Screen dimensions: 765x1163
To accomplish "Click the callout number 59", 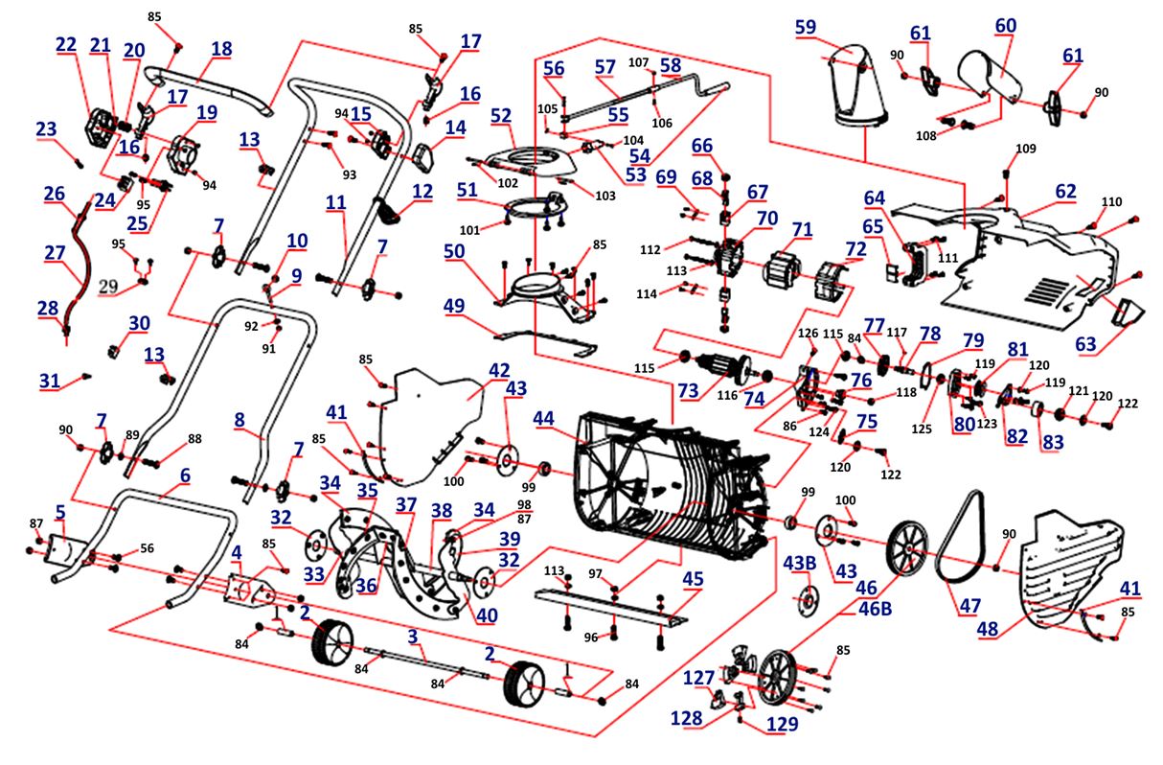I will [806, 28].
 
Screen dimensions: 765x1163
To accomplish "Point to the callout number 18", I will [220, 48].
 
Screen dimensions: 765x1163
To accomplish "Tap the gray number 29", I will [107, 287].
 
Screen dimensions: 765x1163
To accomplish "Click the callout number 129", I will [781, 725].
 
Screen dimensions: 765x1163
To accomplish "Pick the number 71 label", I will [802, 230].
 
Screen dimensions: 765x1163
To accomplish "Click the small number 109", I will [1025, 149].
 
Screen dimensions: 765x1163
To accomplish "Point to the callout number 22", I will [65, 44].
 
